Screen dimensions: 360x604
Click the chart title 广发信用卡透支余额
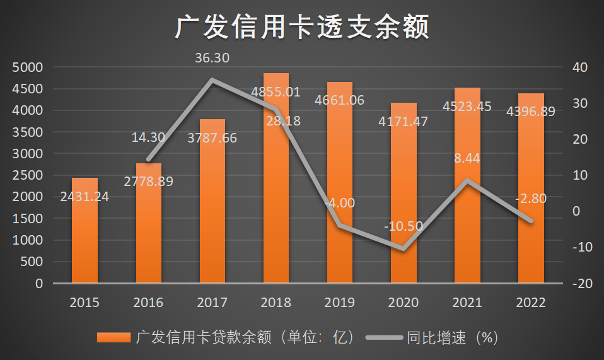pyautogui.click(x=302, y=28)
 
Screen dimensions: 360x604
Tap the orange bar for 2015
pyautogui.click(x=84, y=240)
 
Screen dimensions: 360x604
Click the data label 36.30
pyautogui.click(x=212, y=59)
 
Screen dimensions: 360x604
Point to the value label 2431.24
pyautogui.click(x=84, y=197)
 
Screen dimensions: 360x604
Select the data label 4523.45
pyautogui.click(x=467, y=106)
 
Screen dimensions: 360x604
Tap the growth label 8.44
pyautogui.click(x=467, y=158)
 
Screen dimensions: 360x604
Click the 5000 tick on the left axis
pyautogui.click(x=27, y=67)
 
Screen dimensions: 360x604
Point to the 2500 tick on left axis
pyautogui.click(x=27, y=175)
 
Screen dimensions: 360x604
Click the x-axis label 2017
pyautogui.click(x=212, y=303)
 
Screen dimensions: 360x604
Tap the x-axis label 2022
pyautogui.click(x=531, y=303)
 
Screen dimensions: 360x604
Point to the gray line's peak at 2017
pyautogui.click(x=212, y=80)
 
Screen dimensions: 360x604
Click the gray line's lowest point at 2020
pyautogui.click(x=404, y=249)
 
